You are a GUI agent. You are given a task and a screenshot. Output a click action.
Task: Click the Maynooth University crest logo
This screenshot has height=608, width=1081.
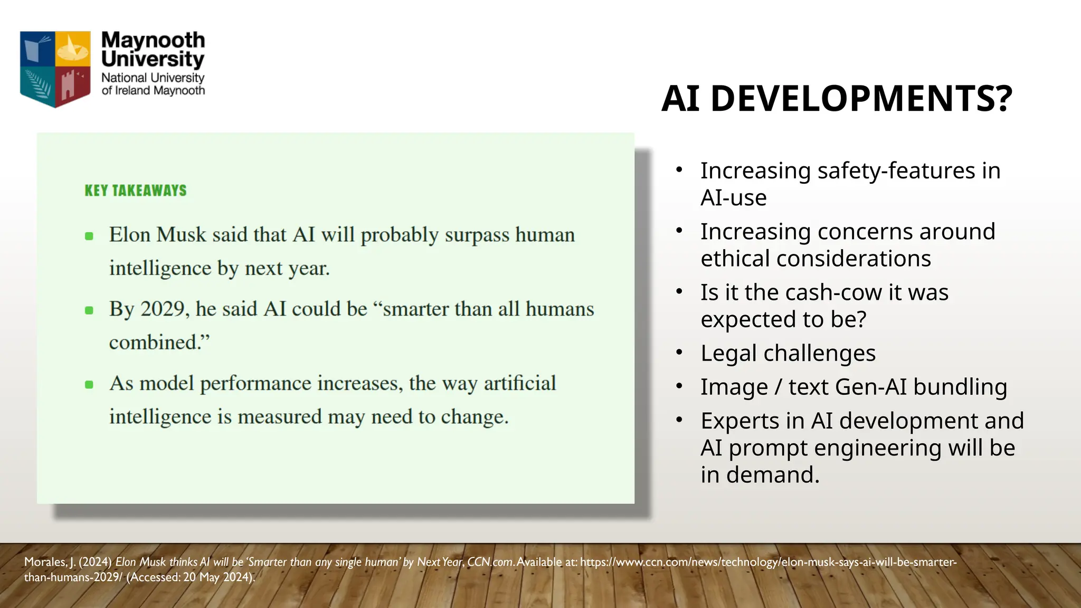tap(55, 69)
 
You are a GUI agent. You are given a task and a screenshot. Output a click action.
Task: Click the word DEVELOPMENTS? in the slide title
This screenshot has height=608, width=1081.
tap(861, 99)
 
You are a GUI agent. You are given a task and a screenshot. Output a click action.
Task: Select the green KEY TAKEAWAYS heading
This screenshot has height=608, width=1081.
tap(136, 191)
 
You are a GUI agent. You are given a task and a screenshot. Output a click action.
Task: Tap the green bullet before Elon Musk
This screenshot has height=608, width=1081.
tap(89, 236)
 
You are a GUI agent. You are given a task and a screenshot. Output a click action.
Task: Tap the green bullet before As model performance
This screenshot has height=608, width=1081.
tap(89, 385)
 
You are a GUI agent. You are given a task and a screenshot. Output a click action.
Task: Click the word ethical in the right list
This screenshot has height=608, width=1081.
tap(735, 259)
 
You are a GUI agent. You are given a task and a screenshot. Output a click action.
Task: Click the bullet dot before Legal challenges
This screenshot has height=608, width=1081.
tap(680, 352)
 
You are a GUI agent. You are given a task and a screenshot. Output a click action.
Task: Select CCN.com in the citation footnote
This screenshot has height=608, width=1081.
tap(490, 562)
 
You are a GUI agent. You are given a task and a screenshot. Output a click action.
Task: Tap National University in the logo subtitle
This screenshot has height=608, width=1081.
tap(153, 78)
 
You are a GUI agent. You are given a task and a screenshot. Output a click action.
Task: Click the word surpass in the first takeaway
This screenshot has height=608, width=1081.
tap(477, 235)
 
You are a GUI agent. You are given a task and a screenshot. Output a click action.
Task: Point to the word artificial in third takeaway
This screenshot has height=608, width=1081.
tap(519, 383)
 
